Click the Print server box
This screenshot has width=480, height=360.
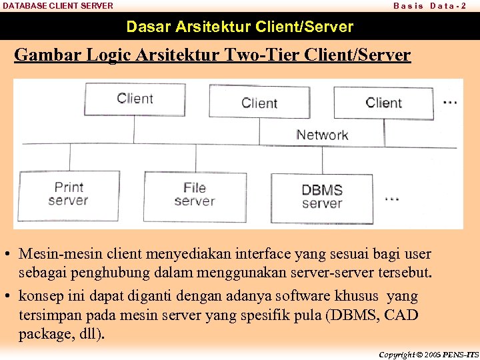(69, 194)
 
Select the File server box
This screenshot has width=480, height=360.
(195, 195)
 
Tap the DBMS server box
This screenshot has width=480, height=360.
(322, 197)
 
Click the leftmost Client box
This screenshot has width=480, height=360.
(135, 99)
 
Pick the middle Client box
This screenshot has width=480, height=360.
(259, 103)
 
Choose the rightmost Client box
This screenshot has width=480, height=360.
(383, 103)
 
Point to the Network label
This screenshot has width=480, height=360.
(322, 135)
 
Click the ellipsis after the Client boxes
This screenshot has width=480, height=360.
(450, 102)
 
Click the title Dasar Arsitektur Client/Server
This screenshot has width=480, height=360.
(240, 27)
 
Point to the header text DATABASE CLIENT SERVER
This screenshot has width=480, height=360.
(58, 5)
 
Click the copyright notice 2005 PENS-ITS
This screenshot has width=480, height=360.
(428, 355)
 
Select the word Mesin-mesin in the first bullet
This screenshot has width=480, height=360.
(58, 254)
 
